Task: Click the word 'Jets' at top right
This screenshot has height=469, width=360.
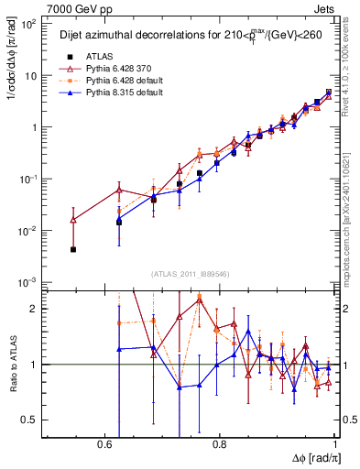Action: point(324,7)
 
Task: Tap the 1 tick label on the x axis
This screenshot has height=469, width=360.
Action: point(335,443)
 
